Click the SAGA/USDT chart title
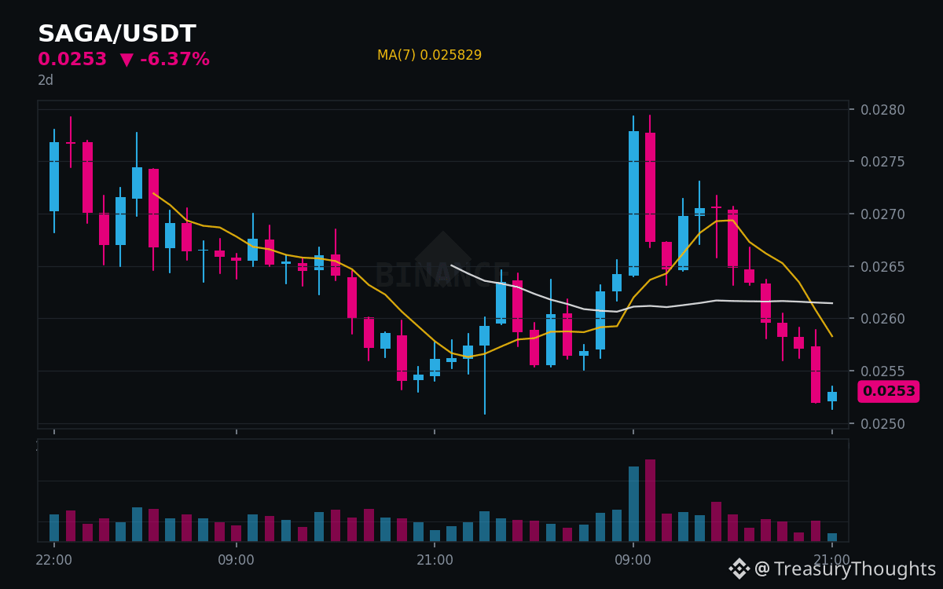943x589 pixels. (117, 33)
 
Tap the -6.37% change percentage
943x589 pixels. (174, 59)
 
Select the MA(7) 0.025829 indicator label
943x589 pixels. (429, 55)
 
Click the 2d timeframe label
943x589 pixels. (46, 80)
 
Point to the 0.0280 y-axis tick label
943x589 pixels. (882, 110)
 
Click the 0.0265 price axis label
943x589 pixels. (882, 267)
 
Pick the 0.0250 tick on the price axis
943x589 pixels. (882, 423)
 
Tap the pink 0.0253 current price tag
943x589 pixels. (889, 391)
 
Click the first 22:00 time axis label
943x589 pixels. (54, 560)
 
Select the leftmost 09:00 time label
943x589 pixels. (237, 560)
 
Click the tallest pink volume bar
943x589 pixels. (650, 500)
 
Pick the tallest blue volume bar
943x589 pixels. (633, 504)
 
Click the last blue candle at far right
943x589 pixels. (832, 397)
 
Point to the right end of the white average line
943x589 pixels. (832, 303)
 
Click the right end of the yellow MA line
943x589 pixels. (832, 336)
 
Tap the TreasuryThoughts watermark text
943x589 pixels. (855, 569)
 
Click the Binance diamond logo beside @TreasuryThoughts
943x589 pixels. (739, 569)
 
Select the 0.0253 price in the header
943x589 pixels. (72, 59)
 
